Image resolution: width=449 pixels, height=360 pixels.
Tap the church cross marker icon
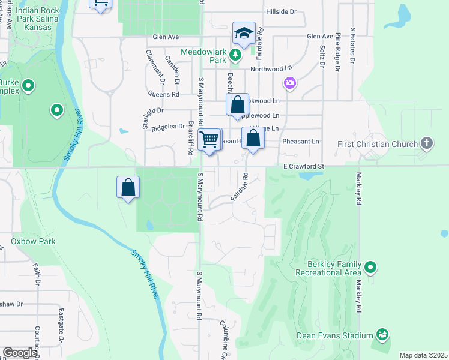tap(427, 143)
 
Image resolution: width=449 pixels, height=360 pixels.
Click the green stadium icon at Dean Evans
tap(382, 334)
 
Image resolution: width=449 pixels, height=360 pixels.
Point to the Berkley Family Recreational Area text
tap(334, 268)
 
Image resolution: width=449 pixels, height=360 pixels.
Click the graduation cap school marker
tap(244, 34)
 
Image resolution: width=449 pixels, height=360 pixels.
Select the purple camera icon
tap(290, 82)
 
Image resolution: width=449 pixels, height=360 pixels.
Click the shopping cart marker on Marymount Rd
tap(209, 140)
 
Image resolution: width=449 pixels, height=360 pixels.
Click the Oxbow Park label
tap(33, 241)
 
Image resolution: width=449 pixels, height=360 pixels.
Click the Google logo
tap(20, 353)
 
